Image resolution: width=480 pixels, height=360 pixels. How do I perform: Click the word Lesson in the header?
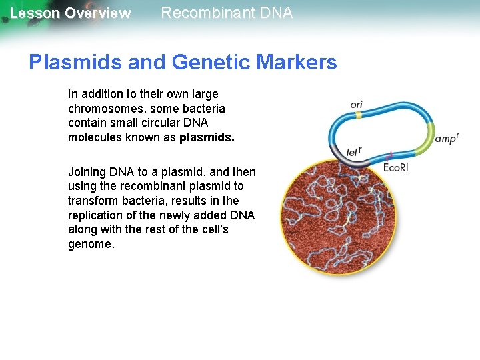(x=35, y=13)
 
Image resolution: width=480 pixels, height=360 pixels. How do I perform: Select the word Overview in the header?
(x=98, y=13)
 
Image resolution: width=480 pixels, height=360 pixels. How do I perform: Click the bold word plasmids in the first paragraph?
(x=207, y=138)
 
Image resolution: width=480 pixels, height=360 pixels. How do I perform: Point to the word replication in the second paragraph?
(x=98, y=215)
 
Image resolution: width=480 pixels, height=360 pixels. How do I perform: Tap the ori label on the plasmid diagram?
(x=357, y=105)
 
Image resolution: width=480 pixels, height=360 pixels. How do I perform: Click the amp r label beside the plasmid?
(x=446, y=139)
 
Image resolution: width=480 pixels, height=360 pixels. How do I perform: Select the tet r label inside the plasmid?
(x=355, y=152)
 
